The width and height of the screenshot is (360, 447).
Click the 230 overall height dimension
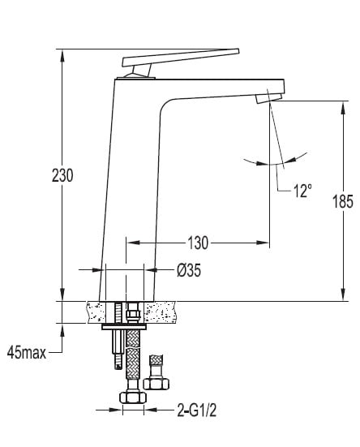pos(62,175)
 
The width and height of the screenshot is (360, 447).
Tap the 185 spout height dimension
pos(343,201)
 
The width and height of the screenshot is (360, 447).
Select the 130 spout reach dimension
pos(198,243)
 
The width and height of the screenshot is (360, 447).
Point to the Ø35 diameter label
pos(189,269)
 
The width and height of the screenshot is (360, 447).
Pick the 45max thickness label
pos(27,353)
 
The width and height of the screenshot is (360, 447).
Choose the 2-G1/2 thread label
pos(196,410)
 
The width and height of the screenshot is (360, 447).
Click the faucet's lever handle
pos(181,58)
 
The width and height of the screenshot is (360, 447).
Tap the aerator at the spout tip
pos(268,98)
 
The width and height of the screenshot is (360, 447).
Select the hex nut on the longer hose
pos(133,398)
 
